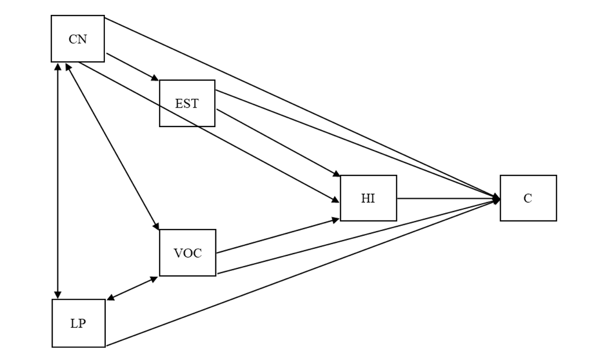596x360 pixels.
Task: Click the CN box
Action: [77, 39]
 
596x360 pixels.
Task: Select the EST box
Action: [187, 103]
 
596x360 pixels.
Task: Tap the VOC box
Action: [187, 252]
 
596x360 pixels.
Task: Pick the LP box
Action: [78, 323]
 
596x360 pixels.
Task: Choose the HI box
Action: [368, 198]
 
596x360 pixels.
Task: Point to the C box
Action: [528, 198]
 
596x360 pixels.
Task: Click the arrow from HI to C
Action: [447, 198]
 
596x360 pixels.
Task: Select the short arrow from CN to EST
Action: [132, 67]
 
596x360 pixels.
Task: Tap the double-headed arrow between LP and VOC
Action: [133, 288]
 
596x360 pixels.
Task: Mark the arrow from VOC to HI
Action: [278, 236]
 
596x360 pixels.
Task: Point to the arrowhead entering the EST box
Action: [155, 78]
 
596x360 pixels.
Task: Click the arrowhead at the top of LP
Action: [58, 294]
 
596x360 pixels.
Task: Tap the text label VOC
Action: [187, 253]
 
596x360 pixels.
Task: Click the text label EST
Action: [187, 104]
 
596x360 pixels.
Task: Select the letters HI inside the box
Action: [368, 199]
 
